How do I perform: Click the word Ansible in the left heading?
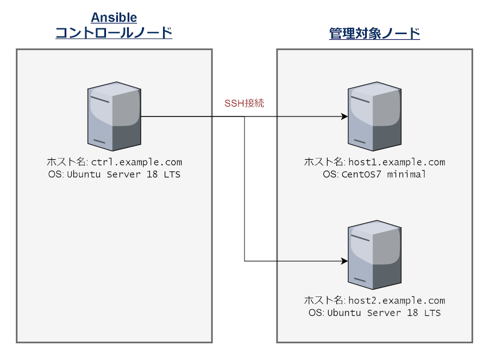114,18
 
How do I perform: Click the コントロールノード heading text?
114,33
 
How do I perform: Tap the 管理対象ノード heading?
375,34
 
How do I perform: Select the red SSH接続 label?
244,103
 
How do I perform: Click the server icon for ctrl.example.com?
114,116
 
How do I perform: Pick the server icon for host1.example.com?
374,116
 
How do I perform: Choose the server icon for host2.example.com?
374,255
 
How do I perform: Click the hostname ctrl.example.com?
136,162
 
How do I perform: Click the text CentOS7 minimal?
383,175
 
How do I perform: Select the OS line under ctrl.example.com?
114,175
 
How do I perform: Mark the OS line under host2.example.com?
374,313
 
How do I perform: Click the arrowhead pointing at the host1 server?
344,116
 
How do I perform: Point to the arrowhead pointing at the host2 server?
344,261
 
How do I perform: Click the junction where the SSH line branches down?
244,116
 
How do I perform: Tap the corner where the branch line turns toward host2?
244,261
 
